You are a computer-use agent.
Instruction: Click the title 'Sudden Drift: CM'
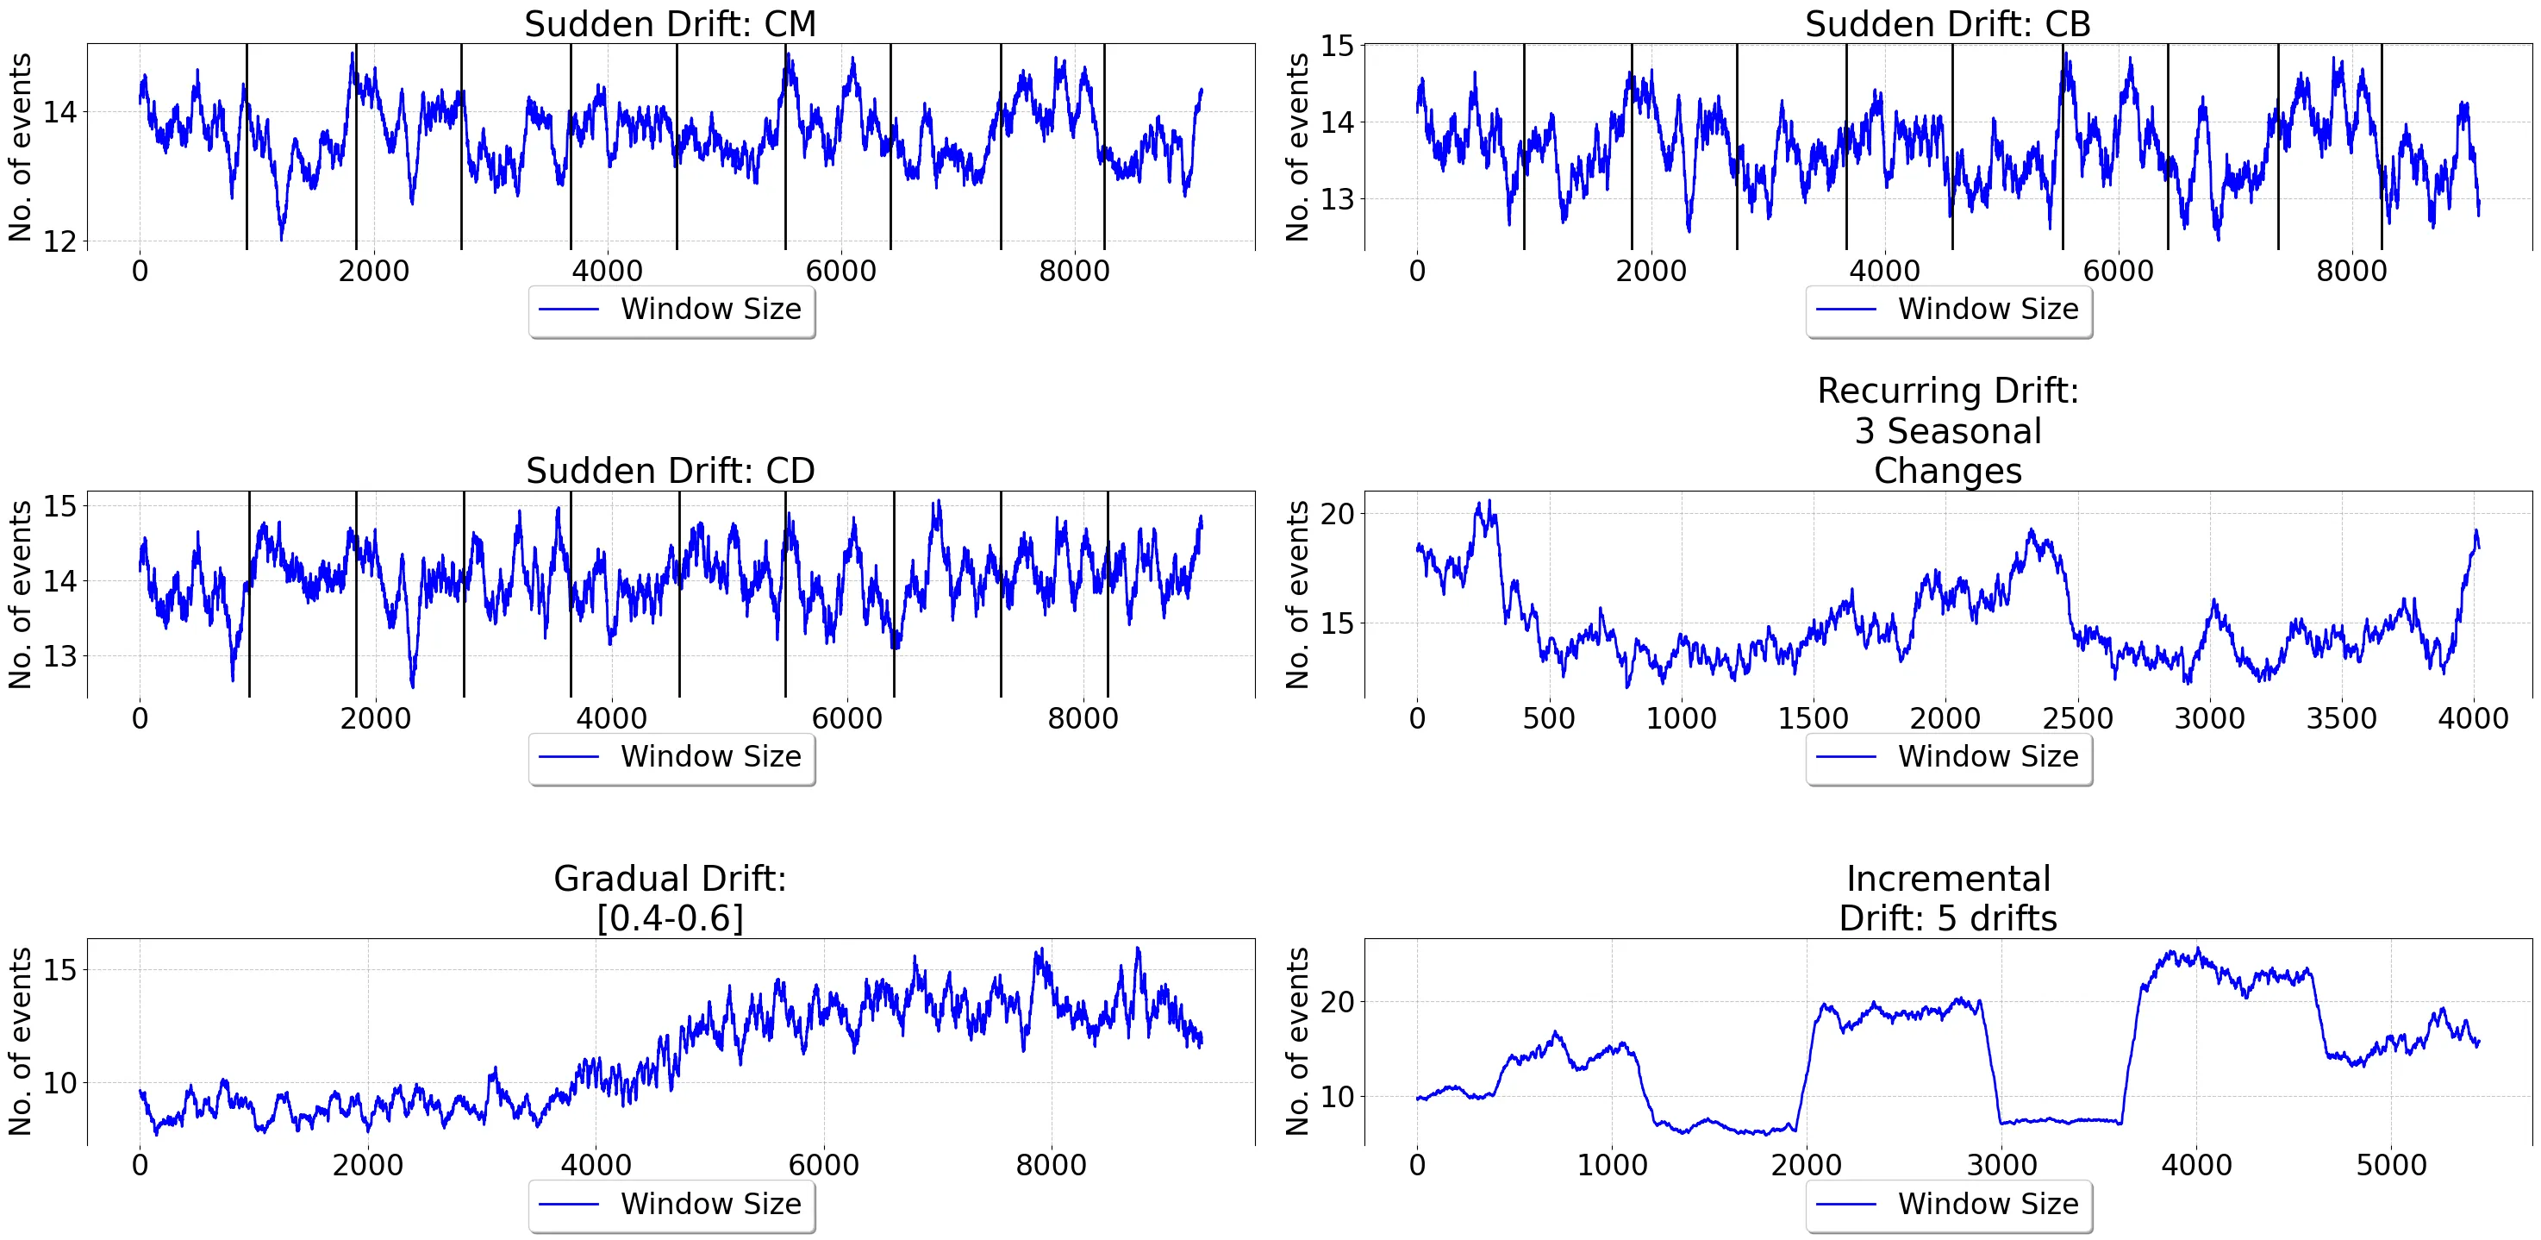(670, 23)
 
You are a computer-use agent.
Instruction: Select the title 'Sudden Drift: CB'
(1947, 23)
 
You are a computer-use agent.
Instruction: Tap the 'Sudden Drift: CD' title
(670, 471)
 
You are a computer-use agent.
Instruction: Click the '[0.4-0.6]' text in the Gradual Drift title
(670, 918)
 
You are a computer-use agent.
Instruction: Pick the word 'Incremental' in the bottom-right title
(1947, 878)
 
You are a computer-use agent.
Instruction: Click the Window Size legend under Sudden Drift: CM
(671, 310)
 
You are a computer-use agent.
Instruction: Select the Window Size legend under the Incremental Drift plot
(1948, 1206)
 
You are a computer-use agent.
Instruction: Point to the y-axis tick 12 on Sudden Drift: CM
(59, 241)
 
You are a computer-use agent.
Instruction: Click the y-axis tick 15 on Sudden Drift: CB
(1337, 47)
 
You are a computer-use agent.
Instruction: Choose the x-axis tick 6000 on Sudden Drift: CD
(846, 718)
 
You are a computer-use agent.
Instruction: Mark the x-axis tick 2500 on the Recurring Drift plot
(2077, 718)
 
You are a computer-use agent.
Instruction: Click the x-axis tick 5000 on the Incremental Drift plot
(2391, 1165)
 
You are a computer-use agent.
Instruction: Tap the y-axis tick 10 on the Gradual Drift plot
(59, 1083)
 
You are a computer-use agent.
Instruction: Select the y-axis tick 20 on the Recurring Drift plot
(1337, 514)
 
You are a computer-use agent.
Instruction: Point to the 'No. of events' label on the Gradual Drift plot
(20, 1042)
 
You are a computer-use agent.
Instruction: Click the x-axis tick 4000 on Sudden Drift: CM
(607, 272)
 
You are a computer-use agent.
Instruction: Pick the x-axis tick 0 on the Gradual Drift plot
(140, 1165)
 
